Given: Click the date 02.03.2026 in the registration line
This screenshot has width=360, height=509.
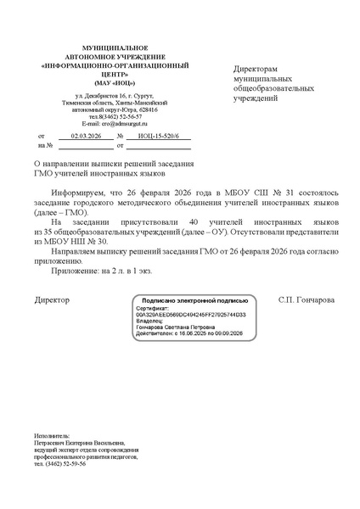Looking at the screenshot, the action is coord(86,135).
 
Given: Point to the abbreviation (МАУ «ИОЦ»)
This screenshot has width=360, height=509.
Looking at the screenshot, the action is coord(108,81).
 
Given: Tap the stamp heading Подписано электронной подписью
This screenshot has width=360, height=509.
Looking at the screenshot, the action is coord(194,301).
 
